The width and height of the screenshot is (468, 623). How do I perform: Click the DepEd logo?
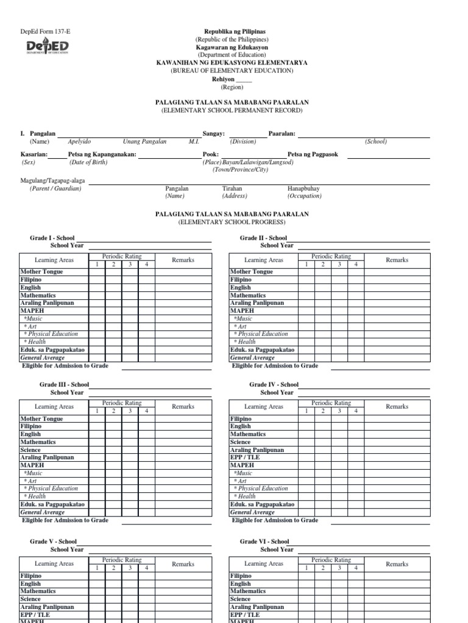pyautogui.click(x=47, y=47)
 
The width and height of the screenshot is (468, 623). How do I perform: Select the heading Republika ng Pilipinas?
pyautogui.click(x=230, y=31)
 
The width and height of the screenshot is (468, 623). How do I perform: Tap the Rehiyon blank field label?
pyautogui.click(x=222, y=79)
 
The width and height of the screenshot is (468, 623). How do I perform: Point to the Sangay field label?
pyautogui.click(x=214, y=133)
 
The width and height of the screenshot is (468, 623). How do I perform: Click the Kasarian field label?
pyautogui.click(x=34, y=155)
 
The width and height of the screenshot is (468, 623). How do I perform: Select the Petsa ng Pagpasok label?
pyautogui.click(x=315, y=155)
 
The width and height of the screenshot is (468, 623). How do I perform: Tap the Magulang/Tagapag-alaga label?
pyautogui.click(x=53, y=181)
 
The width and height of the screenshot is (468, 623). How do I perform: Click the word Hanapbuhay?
pyautogui.click(x=303, y=189)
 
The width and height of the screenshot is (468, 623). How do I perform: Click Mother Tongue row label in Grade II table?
pyautogui.click(x=251, y=271)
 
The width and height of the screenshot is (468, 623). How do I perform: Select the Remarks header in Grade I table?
pyautogui.click(x=183, y=260)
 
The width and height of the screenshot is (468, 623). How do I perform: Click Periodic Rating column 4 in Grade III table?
pyautogui.click(x=146, y=411)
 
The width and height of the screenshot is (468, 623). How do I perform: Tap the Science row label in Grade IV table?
pyautogui.click(x=240, y=442)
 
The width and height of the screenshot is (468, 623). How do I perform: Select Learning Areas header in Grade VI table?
pyautogui.click(x=263, y=563)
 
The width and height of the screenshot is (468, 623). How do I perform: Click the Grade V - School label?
pyautogui.click(x=54, y=541)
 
